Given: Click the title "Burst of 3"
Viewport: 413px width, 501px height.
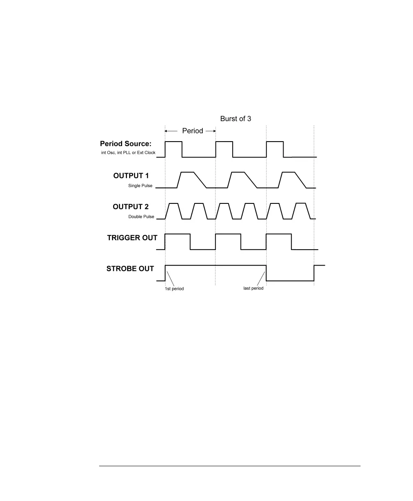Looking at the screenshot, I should pos(235,119).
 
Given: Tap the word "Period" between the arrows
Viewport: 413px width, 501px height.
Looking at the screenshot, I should pos(193,131).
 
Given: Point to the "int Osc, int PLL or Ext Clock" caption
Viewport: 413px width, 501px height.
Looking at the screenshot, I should pos(128,153).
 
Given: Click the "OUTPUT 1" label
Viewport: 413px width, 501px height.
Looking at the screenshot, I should pos(131,176).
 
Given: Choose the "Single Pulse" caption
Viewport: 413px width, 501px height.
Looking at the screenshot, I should pos(141,185).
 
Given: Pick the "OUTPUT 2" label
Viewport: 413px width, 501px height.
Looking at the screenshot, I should pos(131,207).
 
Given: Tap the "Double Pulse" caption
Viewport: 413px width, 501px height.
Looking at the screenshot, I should pos(141,217).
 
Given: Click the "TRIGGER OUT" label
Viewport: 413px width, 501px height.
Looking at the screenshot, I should pos(132,238).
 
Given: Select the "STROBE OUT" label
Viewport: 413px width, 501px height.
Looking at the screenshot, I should pos(130,269).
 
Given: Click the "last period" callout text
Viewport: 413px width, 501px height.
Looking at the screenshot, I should pos(253,288).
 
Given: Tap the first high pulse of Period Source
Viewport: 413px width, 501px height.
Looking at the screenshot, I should pos(173,142).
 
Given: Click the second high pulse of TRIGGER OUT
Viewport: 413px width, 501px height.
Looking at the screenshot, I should pos(228,234).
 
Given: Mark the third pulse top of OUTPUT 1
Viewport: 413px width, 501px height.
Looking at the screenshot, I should pos(288,172).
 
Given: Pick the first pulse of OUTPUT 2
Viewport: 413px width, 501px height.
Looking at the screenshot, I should pos(173,203).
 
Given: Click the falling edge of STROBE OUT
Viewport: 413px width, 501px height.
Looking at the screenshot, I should pos(266,273).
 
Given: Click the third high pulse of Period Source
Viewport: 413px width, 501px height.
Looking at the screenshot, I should pos(275,142).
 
